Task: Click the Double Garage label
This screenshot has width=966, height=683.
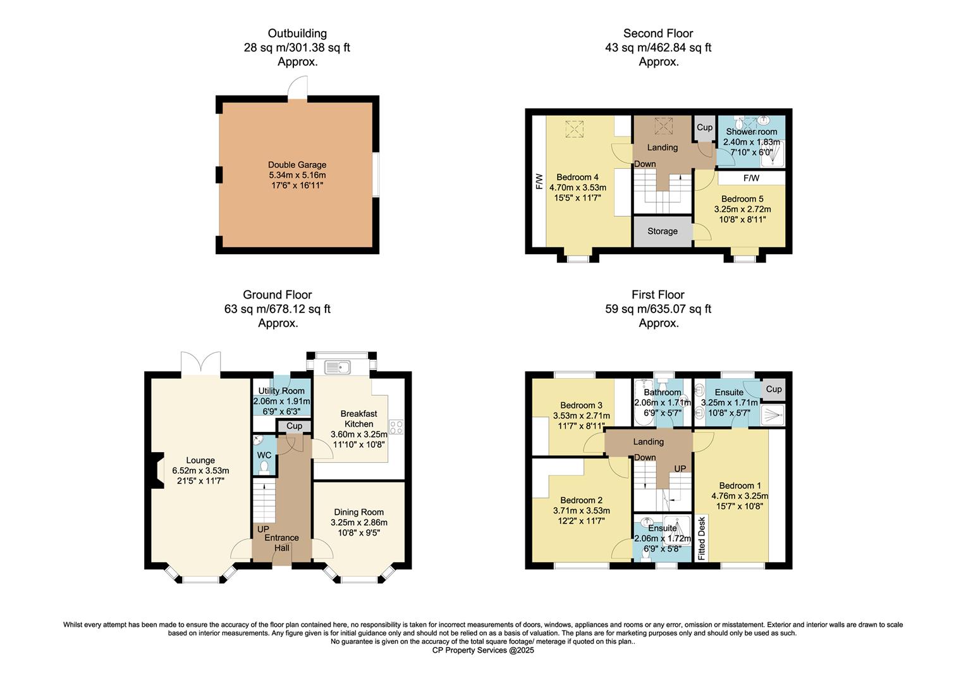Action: point(297,165)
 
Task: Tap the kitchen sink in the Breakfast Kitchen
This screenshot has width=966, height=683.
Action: point(338,367)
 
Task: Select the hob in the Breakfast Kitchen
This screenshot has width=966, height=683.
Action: point(396,427)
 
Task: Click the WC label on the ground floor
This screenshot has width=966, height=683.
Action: point(264,455)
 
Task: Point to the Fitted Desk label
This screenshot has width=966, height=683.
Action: point(702,538)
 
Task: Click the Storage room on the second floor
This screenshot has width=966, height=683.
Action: point(663,231)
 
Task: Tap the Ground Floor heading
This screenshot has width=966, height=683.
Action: point(278,295)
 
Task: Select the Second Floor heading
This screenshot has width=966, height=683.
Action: point(658,34)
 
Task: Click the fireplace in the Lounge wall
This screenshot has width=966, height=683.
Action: point(157,471)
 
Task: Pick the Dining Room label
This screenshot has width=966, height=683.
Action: point(359,512)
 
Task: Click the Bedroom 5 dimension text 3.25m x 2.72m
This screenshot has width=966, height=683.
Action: point(743,209)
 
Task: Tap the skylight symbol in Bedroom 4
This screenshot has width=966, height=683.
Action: point(575,129)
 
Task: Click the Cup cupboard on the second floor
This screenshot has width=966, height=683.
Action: point(705,128)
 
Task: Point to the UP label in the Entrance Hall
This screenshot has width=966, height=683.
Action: point(263,529)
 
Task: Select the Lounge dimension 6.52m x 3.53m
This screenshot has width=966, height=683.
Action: point(200,471)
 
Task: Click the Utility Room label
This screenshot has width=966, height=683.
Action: point(281,391)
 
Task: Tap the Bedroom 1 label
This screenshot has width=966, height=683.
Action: point(740,486)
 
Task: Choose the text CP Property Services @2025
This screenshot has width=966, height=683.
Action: point(483,650)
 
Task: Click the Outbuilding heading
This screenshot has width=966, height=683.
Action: point(297,34)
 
